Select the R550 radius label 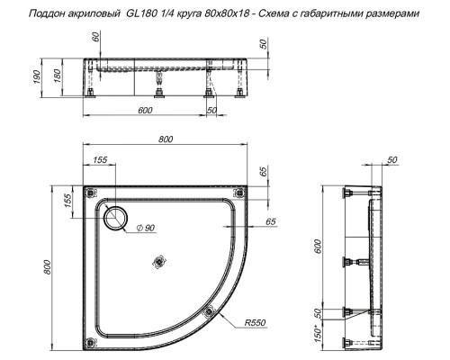pyautogui.click(x=255, y=322)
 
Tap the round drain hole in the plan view pyautogui.click(x=116, y=218)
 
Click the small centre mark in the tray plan pyautogui.click(x=160, y=262)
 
